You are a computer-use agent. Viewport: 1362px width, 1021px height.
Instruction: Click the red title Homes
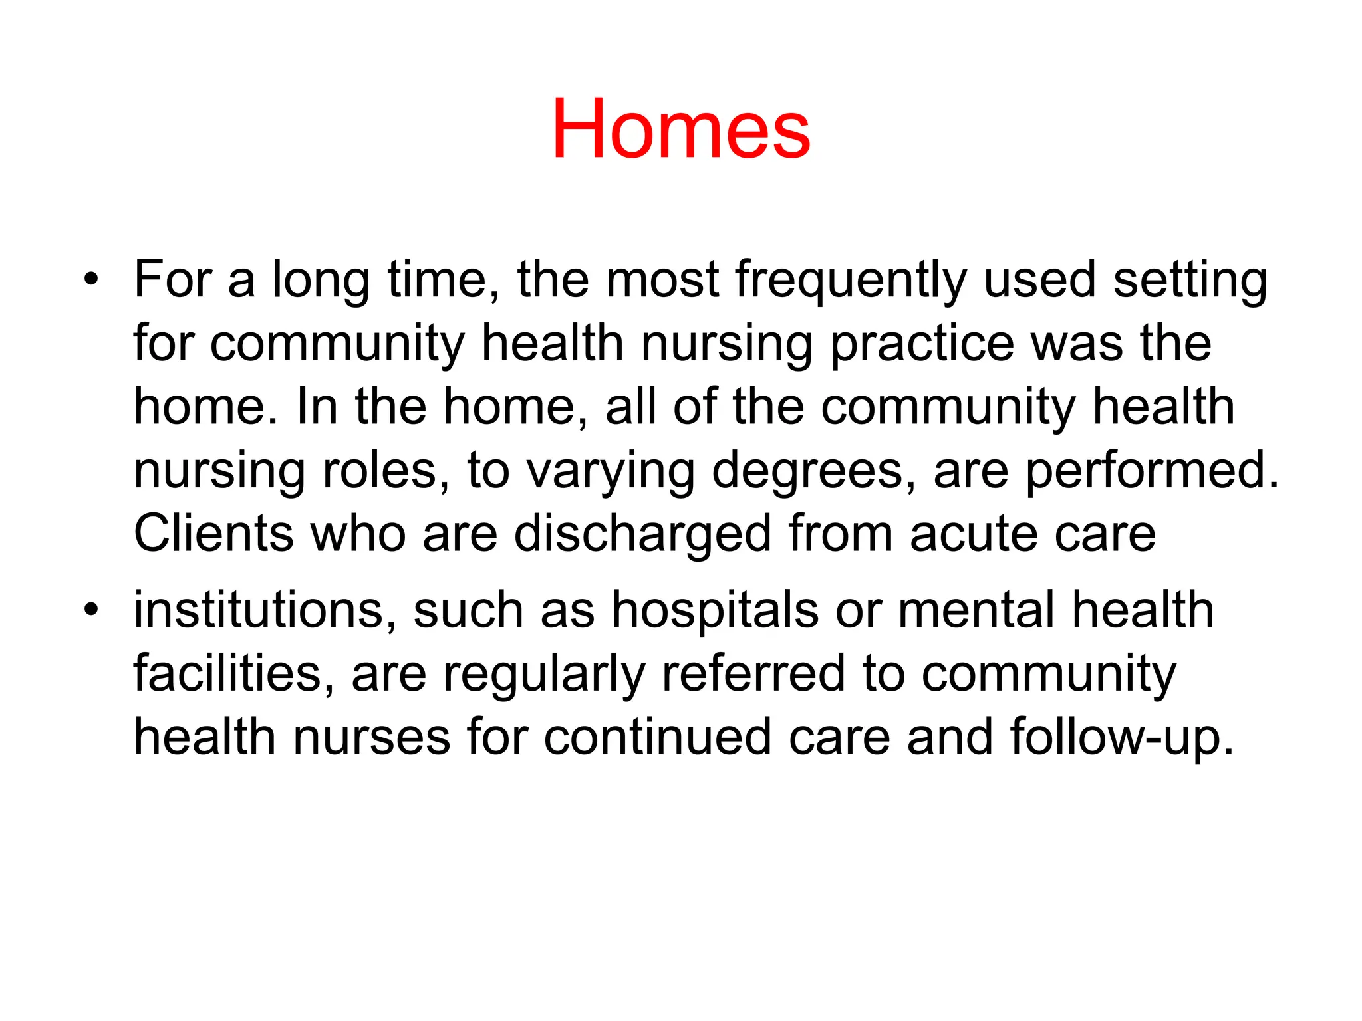680,129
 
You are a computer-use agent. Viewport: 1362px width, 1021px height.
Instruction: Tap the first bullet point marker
91,279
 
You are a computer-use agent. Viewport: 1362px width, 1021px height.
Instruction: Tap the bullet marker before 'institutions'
91,608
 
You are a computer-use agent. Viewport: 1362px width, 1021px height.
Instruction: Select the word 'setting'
1190,280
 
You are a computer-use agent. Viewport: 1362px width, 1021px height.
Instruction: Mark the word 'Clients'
213,534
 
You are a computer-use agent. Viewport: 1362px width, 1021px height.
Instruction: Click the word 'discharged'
642,534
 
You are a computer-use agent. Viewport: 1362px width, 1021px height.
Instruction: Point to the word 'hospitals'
715,610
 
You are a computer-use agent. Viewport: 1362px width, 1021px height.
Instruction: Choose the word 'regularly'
544,674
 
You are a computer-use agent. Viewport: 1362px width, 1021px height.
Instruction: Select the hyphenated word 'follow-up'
1121,738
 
